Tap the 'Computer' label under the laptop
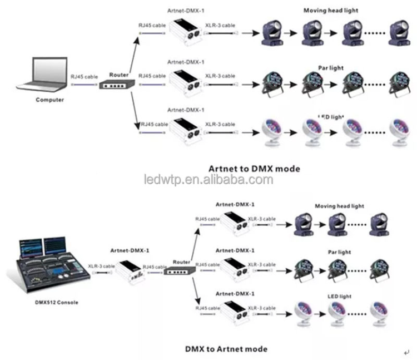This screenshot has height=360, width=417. click(x=49, y=100)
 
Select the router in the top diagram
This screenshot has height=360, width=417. click(x=116, y=85)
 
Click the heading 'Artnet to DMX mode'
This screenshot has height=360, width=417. click(x=254, y=168)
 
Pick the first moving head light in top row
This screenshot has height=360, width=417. click(x=274, y=34)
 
